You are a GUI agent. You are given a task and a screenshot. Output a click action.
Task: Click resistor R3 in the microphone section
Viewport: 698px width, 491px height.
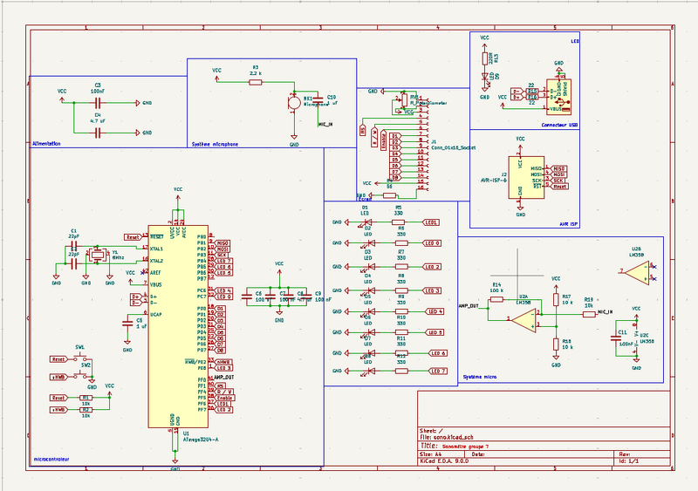pos(255,80)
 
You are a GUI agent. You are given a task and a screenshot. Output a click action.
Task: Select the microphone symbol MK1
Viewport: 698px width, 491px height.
pos(294,103)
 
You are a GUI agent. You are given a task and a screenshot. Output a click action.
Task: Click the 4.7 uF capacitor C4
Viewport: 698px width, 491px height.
pos(98,133)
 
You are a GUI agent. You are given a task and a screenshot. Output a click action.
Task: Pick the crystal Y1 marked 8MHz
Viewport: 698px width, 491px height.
pos(98,255)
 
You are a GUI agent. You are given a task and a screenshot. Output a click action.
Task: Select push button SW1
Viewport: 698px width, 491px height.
pos(80,358)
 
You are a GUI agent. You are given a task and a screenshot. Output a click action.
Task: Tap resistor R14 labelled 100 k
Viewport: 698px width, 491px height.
pos(496,299)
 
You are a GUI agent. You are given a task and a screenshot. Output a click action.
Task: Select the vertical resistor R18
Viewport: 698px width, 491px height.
pos(556,344)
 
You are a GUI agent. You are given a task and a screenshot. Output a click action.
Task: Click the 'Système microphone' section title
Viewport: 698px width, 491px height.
pos(215,143)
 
